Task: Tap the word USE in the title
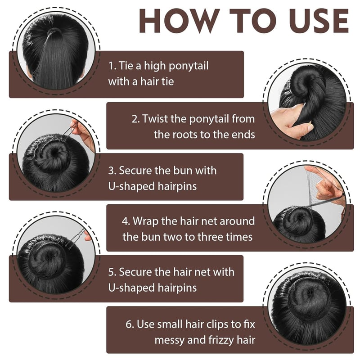click(x=319, y=21)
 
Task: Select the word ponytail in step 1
click(x=189, y=66)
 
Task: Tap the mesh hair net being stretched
click(x=316, y=188)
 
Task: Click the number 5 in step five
click(x=111, y=272)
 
